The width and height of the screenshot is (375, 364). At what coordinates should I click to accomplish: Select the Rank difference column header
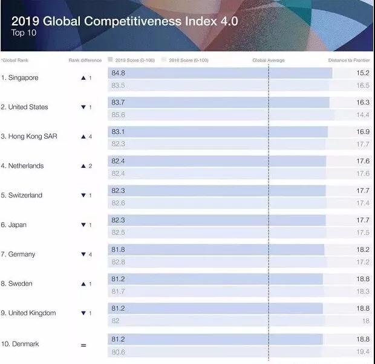tap(85, 60)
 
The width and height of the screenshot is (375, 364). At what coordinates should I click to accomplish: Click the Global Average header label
tap(268, 60)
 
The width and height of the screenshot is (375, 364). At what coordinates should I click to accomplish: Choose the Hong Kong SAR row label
tap(29, 136)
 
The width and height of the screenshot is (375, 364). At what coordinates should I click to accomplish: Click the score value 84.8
tap(118, 73)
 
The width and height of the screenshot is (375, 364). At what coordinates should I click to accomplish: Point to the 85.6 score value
tap(118, 115)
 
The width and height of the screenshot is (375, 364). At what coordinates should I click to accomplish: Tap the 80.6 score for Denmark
tap(118, 351)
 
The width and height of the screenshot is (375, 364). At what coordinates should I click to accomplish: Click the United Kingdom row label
tap(32, 313)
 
